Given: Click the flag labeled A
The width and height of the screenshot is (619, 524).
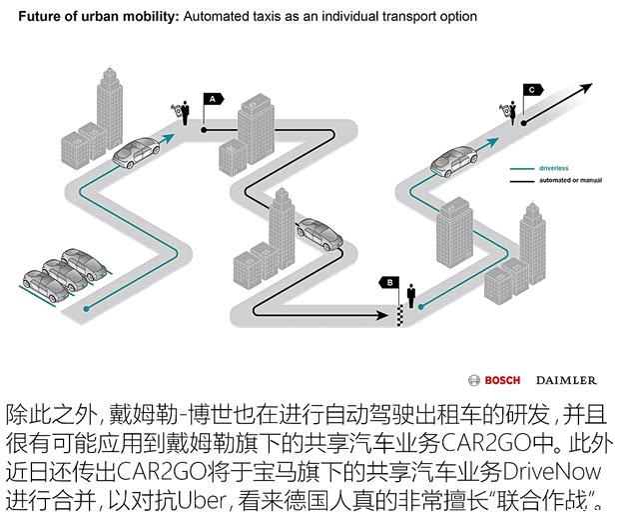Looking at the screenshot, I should click(212, 99).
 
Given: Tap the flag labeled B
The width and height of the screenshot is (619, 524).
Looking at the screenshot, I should click(390, 283).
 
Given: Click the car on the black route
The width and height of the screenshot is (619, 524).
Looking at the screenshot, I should click(318, 233).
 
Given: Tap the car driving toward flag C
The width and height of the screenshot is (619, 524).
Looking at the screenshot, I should click(453, 158).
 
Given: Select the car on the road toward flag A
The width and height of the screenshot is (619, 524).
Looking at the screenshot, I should click(136, 153).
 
